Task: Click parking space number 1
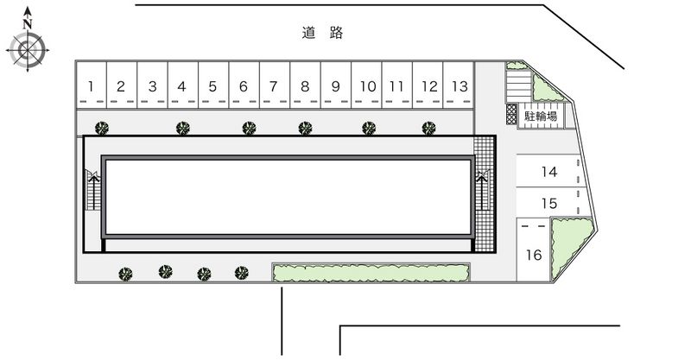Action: [92, 85]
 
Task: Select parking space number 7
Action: [275, 85]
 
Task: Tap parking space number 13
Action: [459, 85]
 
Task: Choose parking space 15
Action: [548, 202]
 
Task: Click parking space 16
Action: [533, 249]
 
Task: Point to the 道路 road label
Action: [322, 33]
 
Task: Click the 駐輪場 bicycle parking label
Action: [541, 116]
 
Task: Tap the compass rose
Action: [28, 50]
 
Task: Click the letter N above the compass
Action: [28, 24]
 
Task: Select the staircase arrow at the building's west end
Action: [93, 192]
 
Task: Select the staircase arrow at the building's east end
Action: [483, 192]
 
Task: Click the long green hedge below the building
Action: [371, 272]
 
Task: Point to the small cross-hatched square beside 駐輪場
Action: [511, 114]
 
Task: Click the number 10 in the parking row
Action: [368, 86]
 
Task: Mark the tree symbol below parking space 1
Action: [102, 129]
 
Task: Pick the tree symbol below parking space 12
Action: [428, 129]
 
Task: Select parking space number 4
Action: [183, 85]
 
